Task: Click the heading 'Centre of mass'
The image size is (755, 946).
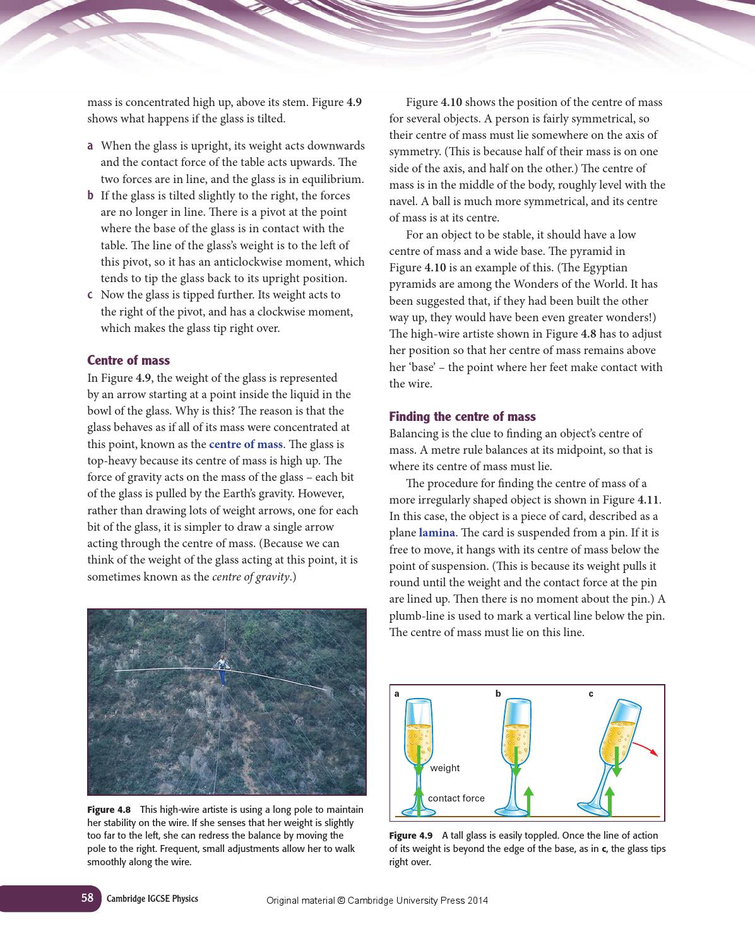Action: click(x=128, y=360)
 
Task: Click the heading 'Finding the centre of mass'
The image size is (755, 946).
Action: click(x=462, y=417)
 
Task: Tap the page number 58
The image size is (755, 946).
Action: click(x=87, y=898)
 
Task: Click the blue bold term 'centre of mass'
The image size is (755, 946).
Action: click(x=246, y=444)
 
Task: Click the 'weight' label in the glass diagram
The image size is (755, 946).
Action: click(x=444, y=768)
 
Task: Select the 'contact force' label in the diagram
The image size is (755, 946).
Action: click(x=456, y=798)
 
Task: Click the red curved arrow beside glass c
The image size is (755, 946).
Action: click(x=645, y=748)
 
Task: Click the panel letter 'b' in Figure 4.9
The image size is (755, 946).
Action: click(x=498, y=694)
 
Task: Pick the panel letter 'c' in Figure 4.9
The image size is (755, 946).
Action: click(x=591, y=694)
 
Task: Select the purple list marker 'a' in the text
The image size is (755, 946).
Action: click(x=90, y=146)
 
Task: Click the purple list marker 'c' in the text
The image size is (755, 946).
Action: click(x=90, y=295)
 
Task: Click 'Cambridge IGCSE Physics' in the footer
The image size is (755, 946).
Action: click(x=152, y=899)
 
